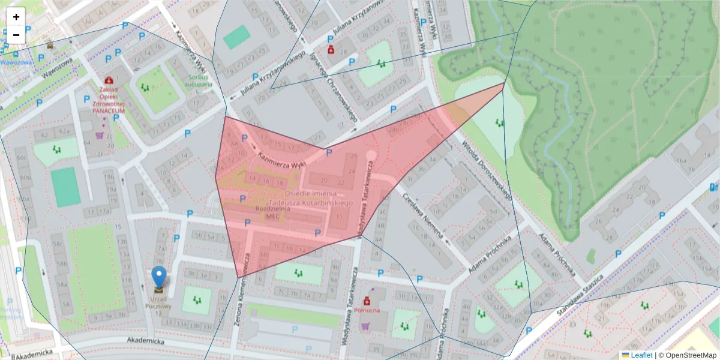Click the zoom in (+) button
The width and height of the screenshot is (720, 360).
(16, 17)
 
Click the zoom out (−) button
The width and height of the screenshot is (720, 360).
(16, 35)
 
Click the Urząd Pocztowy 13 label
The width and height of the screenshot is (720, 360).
(158, 306)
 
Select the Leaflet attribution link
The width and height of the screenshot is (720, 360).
(641, 355)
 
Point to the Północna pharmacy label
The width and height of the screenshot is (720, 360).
(367, 310)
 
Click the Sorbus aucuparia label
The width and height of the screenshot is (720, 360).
(200, 81)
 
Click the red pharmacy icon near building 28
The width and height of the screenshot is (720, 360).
(331, 49)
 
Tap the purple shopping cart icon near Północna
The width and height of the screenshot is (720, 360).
(365, 326)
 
